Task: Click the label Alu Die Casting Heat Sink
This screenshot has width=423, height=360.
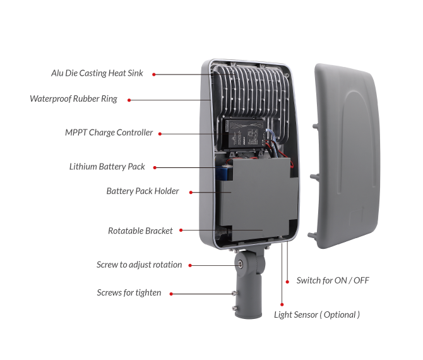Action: click(97, 73)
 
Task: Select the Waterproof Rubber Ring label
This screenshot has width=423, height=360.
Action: click(73, 99)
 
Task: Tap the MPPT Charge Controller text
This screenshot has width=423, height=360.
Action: click(109, 133)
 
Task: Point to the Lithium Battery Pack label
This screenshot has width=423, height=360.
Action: click(107, 167)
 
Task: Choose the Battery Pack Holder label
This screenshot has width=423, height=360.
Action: click(143, 191)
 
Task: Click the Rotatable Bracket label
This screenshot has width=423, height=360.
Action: click(140, 231)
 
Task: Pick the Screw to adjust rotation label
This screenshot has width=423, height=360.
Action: click(139, 265)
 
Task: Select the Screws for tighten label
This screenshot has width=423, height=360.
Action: click(129, 292)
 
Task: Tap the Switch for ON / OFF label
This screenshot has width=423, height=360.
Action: click(333, 280)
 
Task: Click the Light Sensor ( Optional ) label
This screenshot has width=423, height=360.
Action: click(317, 315)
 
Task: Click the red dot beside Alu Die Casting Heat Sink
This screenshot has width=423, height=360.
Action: click(154, 75)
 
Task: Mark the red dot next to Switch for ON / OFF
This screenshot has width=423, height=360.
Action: click(287, 282)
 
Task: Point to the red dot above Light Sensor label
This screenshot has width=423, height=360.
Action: click(282, 304)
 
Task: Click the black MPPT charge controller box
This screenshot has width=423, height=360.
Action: click(245, 134)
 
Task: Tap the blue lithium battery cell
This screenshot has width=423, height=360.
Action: click(224, 172)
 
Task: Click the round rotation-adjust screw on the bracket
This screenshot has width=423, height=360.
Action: click(239, 265)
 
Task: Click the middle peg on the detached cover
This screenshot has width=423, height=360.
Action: click(314, 177)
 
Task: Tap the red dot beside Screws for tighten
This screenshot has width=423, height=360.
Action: click(171, 294)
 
